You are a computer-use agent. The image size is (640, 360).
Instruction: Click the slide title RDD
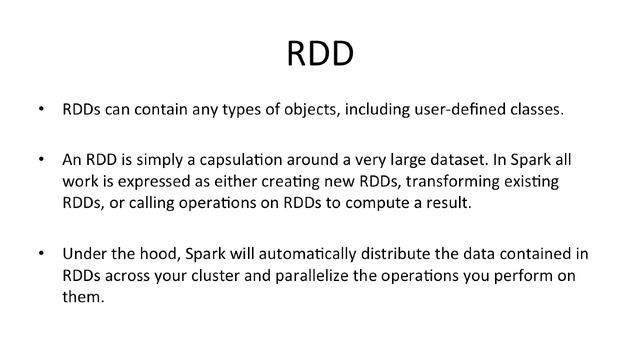click(320, 53)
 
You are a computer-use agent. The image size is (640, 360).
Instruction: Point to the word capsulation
click(224, 160)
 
